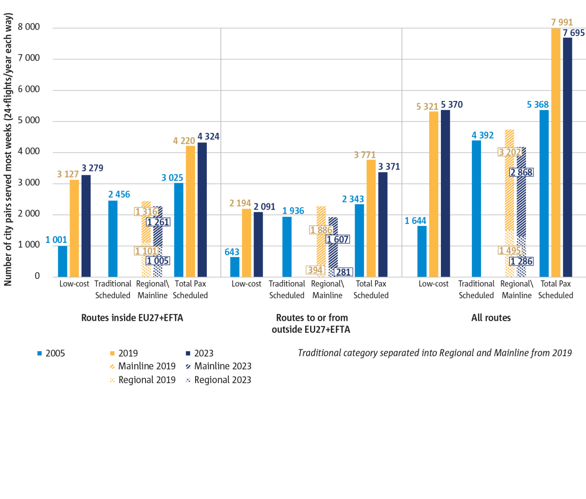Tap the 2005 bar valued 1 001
click(x=63, y=261)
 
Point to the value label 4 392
click(x=482, y=135)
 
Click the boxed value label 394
click(x=315, y=270)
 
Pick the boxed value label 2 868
click(x=522, y=172)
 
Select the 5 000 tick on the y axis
click(x=29, y=120)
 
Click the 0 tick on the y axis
click(x=37, y=276)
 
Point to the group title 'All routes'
click(x=491, y=318)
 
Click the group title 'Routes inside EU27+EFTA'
click(x=132, y=318)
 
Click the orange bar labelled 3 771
click(x=371, y=218)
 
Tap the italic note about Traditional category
click(x=435, y=353)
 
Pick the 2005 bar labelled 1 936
click(x=287, y=247)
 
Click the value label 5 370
click(x=452, y=105)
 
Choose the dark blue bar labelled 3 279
click(x=86, y=225)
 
